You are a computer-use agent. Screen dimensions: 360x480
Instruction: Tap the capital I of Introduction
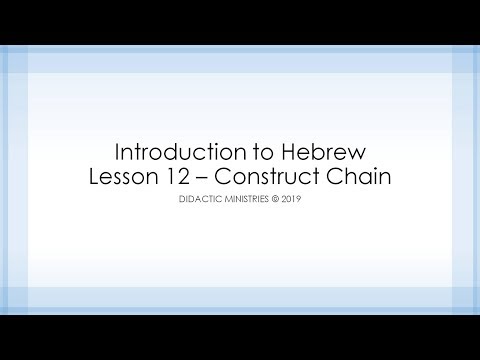(119, 154)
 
